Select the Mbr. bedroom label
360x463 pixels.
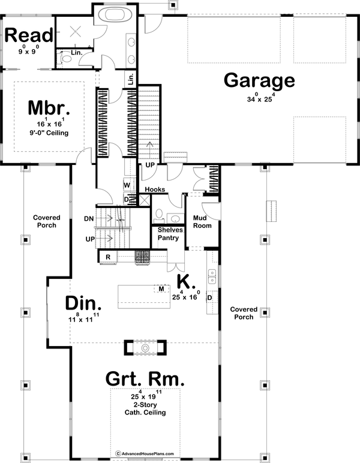coord(50,110)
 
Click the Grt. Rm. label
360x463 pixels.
coord(145,379)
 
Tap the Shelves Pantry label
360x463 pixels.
coord(170,234)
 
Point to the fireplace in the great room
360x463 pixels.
coord(145,348)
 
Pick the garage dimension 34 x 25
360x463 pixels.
coord(259,98)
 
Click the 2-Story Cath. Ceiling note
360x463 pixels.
coord(145,408)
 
